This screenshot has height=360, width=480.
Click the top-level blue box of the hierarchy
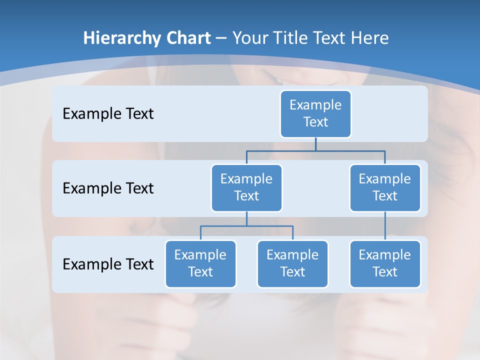[315, 114]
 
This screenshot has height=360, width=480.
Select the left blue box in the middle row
[246, 188]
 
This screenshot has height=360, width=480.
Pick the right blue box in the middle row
[385, 188]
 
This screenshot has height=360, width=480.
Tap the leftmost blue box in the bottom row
[200, 264]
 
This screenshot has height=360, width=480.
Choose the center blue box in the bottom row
[292, 264]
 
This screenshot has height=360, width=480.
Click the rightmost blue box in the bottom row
[385, 264]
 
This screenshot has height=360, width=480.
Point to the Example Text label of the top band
[108, 114]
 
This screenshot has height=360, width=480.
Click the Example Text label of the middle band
[108, 188]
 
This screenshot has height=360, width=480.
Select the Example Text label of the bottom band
[108, 264]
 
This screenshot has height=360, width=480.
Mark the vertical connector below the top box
[315, 144]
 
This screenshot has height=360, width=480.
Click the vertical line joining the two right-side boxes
[385, 226]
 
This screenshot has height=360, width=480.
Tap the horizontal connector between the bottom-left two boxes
[246, 226]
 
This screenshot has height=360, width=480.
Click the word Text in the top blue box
[315, 122]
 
